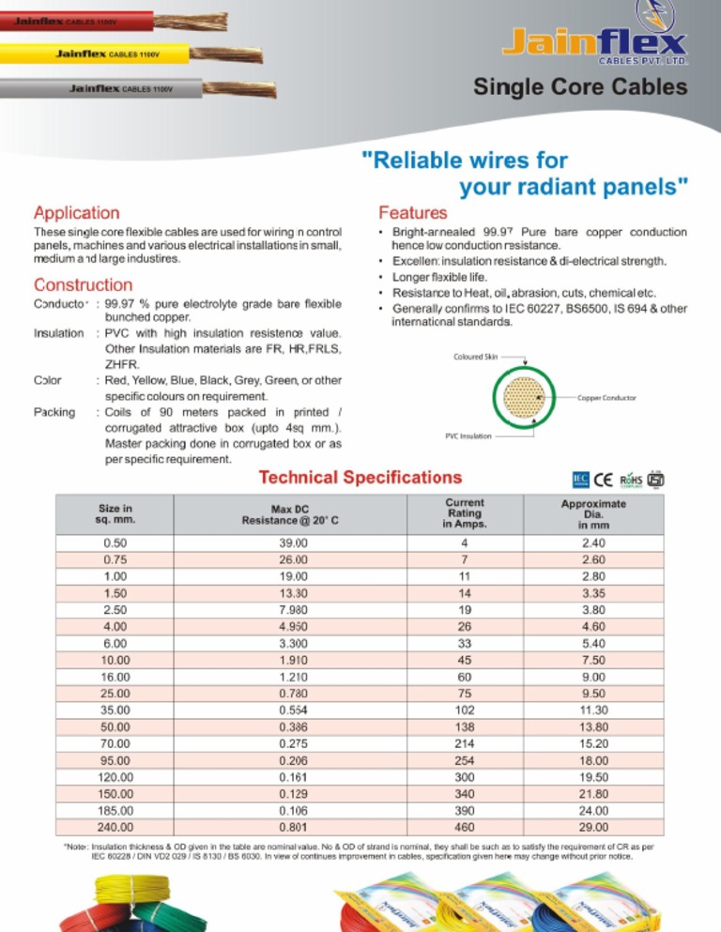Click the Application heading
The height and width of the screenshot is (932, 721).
tap(77, 214)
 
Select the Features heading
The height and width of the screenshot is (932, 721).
tap(412, 214)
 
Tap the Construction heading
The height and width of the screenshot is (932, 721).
tap(83, 284)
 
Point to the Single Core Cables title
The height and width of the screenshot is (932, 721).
tap(579, 88)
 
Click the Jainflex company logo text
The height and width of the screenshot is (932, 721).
tap(593, 42)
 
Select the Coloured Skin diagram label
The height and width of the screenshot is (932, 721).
tap(478, 358)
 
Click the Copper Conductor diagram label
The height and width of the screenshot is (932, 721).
tap(606, 398)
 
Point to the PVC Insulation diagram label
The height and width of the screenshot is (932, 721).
tap(468, 436)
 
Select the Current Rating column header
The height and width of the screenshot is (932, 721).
tap(465, 514)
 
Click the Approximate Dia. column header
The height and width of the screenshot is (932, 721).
tap(593, 514)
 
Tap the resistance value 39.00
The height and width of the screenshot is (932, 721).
tap(293, 543)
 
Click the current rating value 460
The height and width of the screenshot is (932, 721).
tap(464, 827)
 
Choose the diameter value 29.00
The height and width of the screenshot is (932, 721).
tap(593, 827)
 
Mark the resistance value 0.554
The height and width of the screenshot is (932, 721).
tap(293, 710)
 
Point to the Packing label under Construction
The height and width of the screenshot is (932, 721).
tap(54, 412)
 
